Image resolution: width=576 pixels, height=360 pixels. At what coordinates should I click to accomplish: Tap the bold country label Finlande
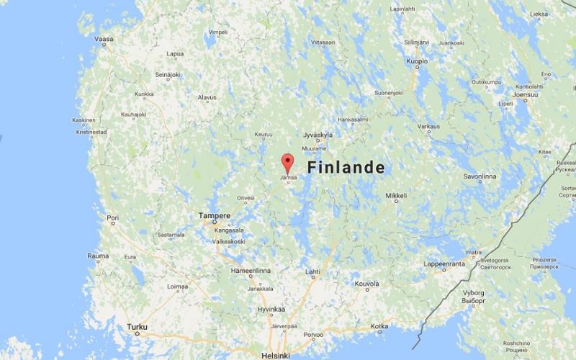(x=346, y=168)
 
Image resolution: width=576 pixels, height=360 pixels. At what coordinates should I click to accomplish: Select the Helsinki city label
(x=276, y=356)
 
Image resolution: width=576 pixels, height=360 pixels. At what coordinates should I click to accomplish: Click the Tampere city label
(x=215, y=215)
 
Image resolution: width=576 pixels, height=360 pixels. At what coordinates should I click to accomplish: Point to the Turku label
(x=137, y=327)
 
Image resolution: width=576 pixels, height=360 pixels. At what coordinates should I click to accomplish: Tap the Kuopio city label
(x=417, y=62)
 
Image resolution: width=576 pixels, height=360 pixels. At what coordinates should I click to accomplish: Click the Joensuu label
(x=525, y=94)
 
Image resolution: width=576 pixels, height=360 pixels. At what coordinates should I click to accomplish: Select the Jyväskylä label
(x=318, y=135)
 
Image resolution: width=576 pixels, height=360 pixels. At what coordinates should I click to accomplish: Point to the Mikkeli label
(x=396, y=196)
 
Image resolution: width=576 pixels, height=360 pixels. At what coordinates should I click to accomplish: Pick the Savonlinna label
(x=480, y=176)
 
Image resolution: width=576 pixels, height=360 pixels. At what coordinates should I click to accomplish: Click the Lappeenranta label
(x=444, y=264)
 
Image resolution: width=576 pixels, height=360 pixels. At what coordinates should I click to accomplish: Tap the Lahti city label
(x=312, y=271)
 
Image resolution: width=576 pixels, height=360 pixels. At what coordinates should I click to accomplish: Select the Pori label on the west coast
(x=112, y=217)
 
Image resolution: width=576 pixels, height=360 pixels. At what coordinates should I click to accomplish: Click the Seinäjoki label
(x=167, y=75)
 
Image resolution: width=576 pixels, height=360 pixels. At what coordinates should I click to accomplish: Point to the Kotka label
(x=379, y=327)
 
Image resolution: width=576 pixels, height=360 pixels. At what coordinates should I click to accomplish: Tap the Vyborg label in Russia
(x=473, y=293)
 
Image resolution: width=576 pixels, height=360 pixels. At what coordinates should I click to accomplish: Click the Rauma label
(x=99, y=256)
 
